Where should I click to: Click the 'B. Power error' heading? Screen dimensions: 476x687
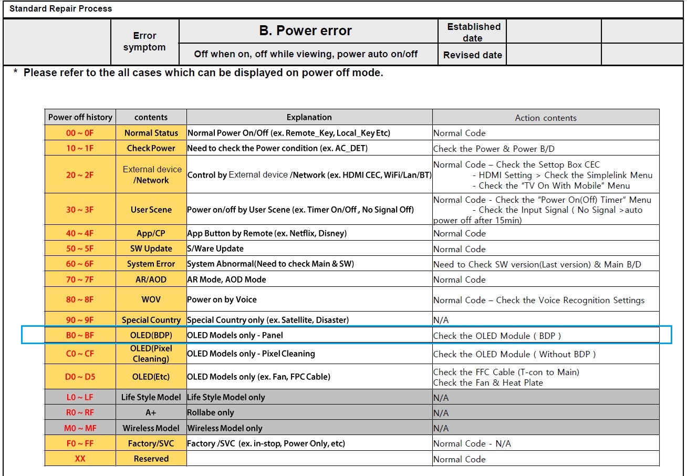pyautogui.click(x=305, y=31)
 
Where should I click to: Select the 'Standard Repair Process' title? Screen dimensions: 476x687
pyautogui.click(x=60, y=8)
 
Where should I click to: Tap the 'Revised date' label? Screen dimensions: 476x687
pyautogui.click(x=472, y=55)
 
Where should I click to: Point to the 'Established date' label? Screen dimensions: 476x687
pyautogui.click(x=473, y=32)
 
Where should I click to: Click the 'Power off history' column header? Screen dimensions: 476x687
pyautogui.click(x=80, y=117)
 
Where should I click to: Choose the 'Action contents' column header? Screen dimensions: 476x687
pyautogui.click(x=546, y=118)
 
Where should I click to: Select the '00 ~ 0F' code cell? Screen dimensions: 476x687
pyautogui.click(x=80, y=133)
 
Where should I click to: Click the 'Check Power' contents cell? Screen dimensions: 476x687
pyautogui.click(x=151, y=148)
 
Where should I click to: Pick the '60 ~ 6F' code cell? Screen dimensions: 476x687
pyautogui.click(x=80, y=264)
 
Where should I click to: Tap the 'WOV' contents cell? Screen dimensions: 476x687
pyautogui.click(x=151, y=299)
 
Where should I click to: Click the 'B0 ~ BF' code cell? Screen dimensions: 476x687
pyautogui.click(x=80, y=335)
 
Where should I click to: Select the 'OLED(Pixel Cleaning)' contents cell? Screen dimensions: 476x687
pyautogui.click(x=151, y=354)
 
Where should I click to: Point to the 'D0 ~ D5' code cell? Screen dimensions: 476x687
pyautogui.click(x=80, y=377)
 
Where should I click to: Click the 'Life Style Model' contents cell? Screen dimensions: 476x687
pyautogui.click(x=151, y=397)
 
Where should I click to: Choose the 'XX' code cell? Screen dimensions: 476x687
pyautogui.click(x=80, y=459)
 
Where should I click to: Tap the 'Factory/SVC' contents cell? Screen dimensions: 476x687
pyautogui.click(x=151, y=443)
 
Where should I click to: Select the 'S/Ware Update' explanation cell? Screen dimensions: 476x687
pyautogui.click(x=215, y=249)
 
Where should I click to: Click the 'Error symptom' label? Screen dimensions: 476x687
pyautogui.click(x=144, y=42)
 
